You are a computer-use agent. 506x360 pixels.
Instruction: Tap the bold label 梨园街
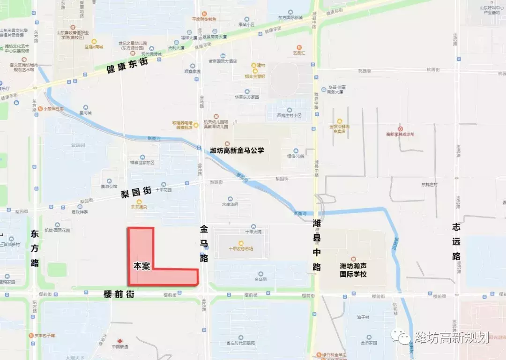(136, 191)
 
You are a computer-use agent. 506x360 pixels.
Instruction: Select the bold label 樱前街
(119, 294)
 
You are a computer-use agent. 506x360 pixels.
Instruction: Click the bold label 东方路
(35, 248)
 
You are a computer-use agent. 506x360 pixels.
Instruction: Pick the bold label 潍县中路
(317, 244)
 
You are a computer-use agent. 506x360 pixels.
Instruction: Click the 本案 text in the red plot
(141, 266)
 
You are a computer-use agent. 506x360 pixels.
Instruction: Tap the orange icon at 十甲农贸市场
(241, 243)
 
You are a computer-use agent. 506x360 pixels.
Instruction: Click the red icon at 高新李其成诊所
(400, 128)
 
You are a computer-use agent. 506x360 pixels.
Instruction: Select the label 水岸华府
(230, 204)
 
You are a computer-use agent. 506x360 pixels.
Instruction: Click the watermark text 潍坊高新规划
(452, 337)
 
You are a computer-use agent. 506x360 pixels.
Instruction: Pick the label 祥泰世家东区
(142, 163)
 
